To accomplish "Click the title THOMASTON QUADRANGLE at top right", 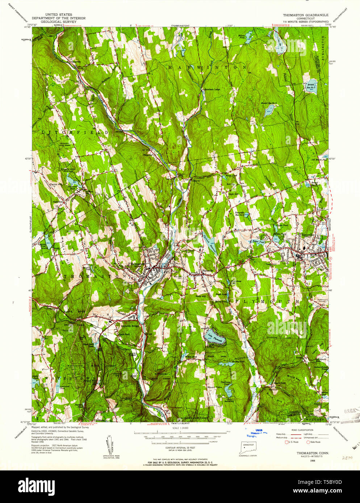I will click(x=306, y=15).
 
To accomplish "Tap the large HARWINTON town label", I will click(x=208, y=67).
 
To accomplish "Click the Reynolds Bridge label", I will click(x=130, y=326).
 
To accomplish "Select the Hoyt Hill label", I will click(x=234, y=194).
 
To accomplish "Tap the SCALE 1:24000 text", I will click(x=180, y=428).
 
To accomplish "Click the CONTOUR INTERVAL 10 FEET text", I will click(x=180, y=448).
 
